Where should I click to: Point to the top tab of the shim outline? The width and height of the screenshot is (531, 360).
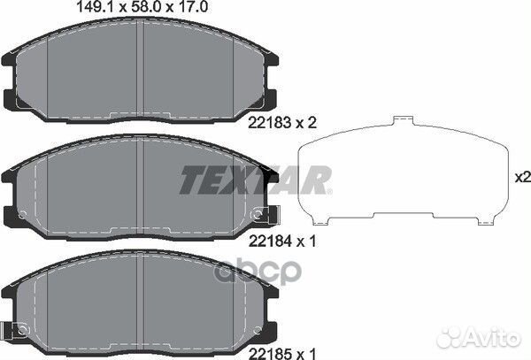click(x=404, y=120)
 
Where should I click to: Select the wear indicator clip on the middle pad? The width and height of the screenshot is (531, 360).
click(x=265, y=214)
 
